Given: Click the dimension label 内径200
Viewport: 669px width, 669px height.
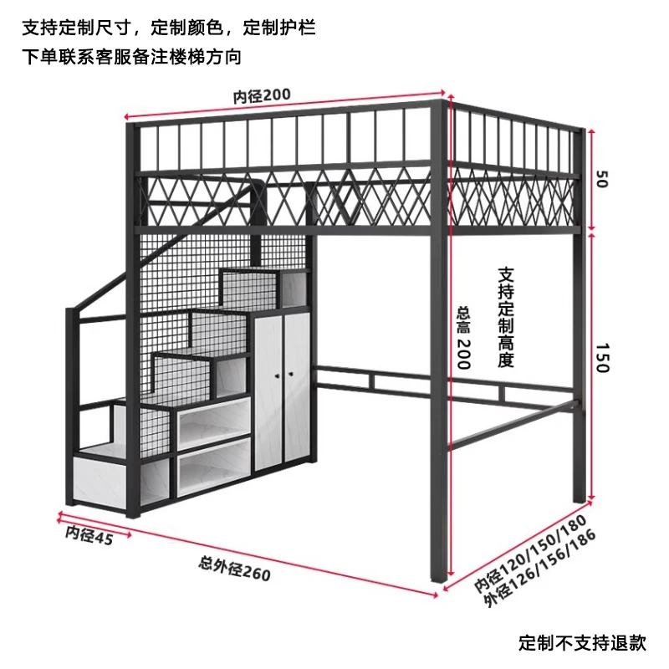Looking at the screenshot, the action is point(262,95).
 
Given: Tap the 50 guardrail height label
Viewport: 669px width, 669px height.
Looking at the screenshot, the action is point(601,179).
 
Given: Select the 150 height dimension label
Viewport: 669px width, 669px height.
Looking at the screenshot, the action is point(602,358).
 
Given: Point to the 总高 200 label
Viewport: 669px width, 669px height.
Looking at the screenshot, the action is point(463,337).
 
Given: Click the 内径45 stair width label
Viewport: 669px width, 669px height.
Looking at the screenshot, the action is point(89,535).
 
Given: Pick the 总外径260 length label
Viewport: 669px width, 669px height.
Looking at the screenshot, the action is point(234,569).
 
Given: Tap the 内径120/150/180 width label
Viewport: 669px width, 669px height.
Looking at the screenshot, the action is point(530,554).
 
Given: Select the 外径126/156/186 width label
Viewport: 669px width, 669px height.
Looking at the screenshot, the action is point(539,568).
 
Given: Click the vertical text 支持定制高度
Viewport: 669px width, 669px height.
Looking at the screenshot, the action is point(506,318).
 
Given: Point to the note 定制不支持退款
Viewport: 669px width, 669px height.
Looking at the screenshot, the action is point(582,642).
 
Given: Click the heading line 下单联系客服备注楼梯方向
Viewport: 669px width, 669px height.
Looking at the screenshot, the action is point(132,57).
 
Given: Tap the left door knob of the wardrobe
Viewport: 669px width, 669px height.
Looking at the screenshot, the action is point(278,375).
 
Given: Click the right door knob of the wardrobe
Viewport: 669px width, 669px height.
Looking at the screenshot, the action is point(291,374).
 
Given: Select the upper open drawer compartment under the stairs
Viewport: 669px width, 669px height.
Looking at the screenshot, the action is point(214,421).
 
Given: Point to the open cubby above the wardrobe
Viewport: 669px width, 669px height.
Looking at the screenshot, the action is point(295,289).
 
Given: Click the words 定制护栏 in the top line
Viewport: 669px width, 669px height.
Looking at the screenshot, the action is point(279,28).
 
